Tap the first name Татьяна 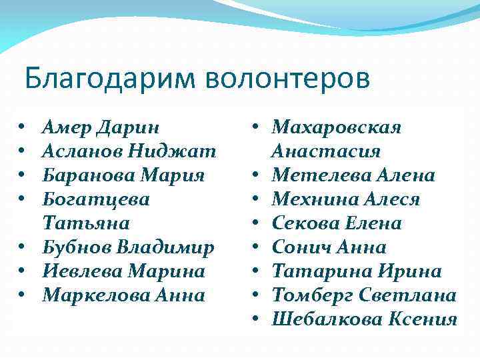[86, 223]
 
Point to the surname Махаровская [337, 127]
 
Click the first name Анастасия [326, 151]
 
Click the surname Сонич [300, 247]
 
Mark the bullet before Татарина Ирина [255, 271]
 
